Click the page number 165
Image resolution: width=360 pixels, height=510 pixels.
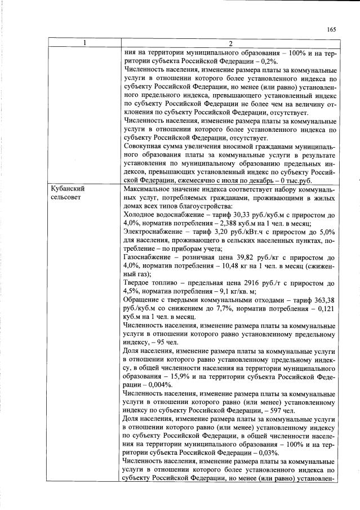point(331,30)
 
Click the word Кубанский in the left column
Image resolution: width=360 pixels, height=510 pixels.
point(66,190)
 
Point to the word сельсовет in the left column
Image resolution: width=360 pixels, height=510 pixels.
point(65,199)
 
